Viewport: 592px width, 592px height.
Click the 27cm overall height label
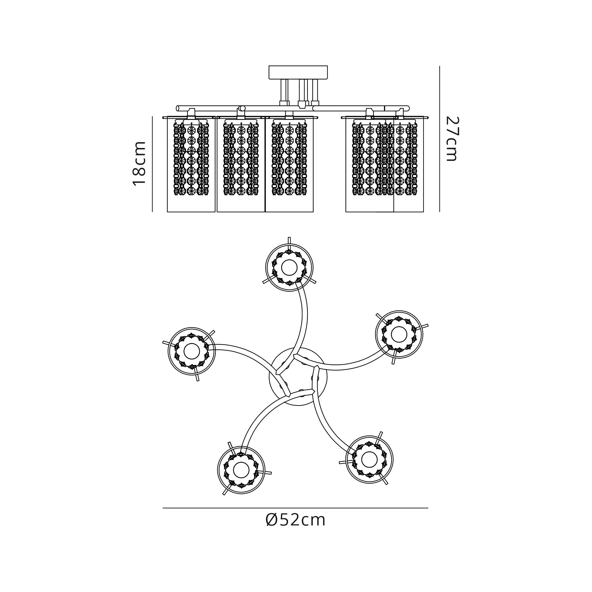click(451, 139)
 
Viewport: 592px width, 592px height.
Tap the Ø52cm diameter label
click(295, 520)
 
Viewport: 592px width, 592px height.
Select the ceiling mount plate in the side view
click(298, 72)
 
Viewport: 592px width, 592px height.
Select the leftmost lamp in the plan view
click(192, 352)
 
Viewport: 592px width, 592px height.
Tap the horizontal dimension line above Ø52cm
click(295, 508)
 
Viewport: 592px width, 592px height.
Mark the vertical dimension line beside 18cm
click(152, 164)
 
